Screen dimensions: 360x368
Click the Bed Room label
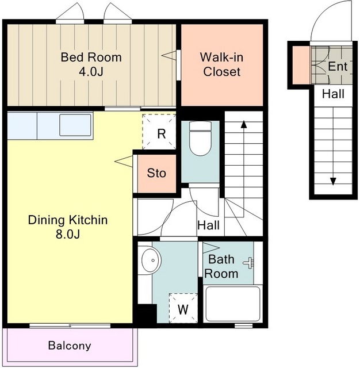91,57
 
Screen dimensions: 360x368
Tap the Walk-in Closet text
222,64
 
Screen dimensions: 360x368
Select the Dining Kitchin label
68,220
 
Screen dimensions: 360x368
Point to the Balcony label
70,346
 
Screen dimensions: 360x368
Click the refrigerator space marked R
159,132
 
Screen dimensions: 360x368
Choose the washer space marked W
183,308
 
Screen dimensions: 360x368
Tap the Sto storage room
157,174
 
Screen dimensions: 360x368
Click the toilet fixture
201,139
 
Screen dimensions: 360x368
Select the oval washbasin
151,260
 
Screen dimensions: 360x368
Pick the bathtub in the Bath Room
233,304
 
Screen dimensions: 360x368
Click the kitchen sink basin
75,125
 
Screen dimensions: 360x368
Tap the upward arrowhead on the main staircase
244,124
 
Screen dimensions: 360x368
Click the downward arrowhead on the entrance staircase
333,182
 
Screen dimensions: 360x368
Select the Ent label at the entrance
338,67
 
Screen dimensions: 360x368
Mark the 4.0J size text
91,72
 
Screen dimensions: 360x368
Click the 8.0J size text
68,234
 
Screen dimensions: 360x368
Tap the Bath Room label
221,267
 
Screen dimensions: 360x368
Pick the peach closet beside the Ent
301,65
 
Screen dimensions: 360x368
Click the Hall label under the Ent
333,94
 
